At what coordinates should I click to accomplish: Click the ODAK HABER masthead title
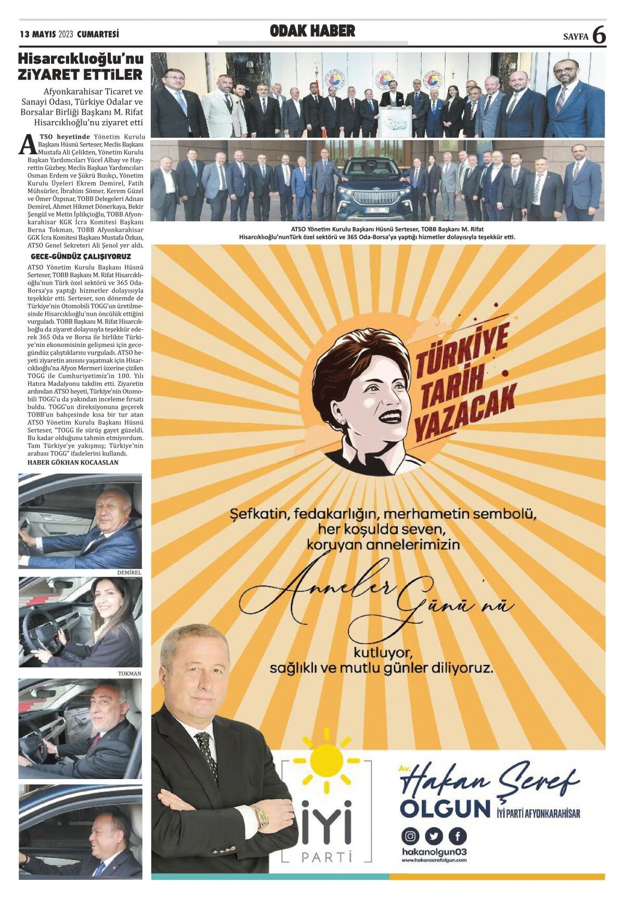[x=312, y=31]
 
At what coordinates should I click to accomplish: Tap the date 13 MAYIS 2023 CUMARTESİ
[x=70, y=35]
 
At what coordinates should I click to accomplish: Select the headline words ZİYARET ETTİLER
[x=80, y=75]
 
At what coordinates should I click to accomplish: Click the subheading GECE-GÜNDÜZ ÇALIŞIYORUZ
[x=81, y=257]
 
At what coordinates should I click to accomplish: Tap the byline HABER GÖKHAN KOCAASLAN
[x=73, y=462]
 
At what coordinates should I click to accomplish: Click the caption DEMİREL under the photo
[x=129, y=572]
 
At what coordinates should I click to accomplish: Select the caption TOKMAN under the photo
[x=129, y=673]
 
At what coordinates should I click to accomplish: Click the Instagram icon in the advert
[x=410, y=836]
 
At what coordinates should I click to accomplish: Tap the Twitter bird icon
[x=434, y=836]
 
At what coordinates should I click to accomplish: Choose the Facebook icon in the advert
[x=458, y=836]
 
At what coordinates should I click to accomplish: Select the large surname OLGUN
[x=445, y=808]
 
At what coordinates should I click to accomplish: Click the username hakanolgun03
[x=434, y=852]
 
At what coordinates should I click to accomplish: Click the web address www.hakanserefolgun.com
[x=434, y=860]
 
